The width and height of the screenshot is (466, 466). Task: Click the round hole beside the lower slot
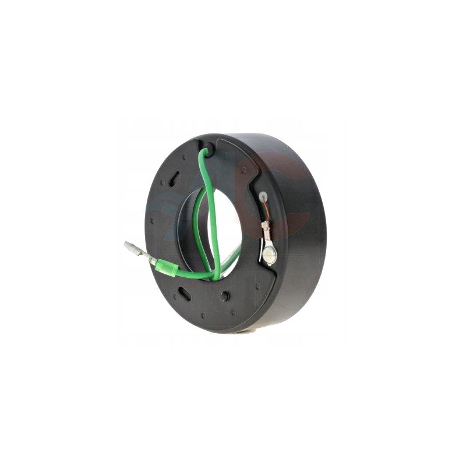coord(224,296)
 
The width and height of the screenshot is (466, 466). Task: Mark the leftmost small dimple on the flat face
coord(152,221)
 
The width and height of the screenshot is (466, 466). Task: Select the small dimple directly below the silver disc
coord(257,286)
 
